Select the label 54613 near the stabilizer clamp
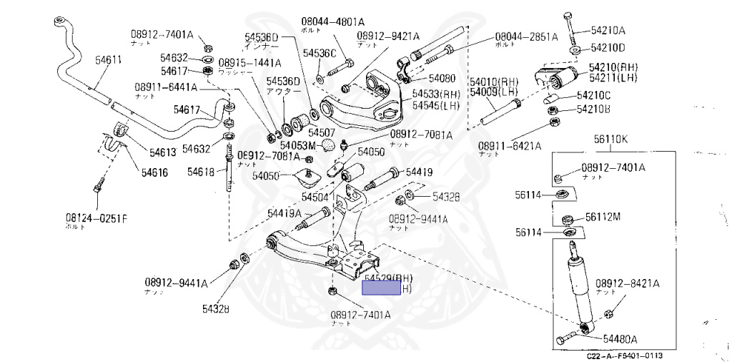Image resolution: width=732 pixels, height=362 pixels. (162, 152)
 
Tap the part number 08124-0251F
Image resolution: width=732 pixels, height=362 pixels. (95, 217)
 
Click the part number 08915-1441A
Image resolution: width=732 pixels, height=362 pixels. (249, 63)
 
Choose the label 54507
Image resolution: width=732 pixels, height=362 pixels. (322, 132)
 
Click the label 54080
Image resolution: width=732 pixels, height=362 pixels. (442, 77)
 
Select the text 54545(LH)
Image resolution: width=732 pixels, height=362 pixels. (436, 106)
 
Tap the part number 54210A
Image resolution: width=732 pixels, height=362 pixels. (608, 30)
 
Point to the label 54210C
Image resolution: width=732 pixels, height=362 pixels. (593, 95)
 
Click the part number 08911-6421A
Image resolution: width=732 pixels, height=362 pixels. (510, 145)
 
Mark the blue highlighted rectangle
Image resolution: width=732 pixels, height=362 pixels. (382, 288)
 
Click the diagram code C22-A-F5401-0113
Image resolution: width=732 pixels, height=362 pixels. (624, 356)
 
